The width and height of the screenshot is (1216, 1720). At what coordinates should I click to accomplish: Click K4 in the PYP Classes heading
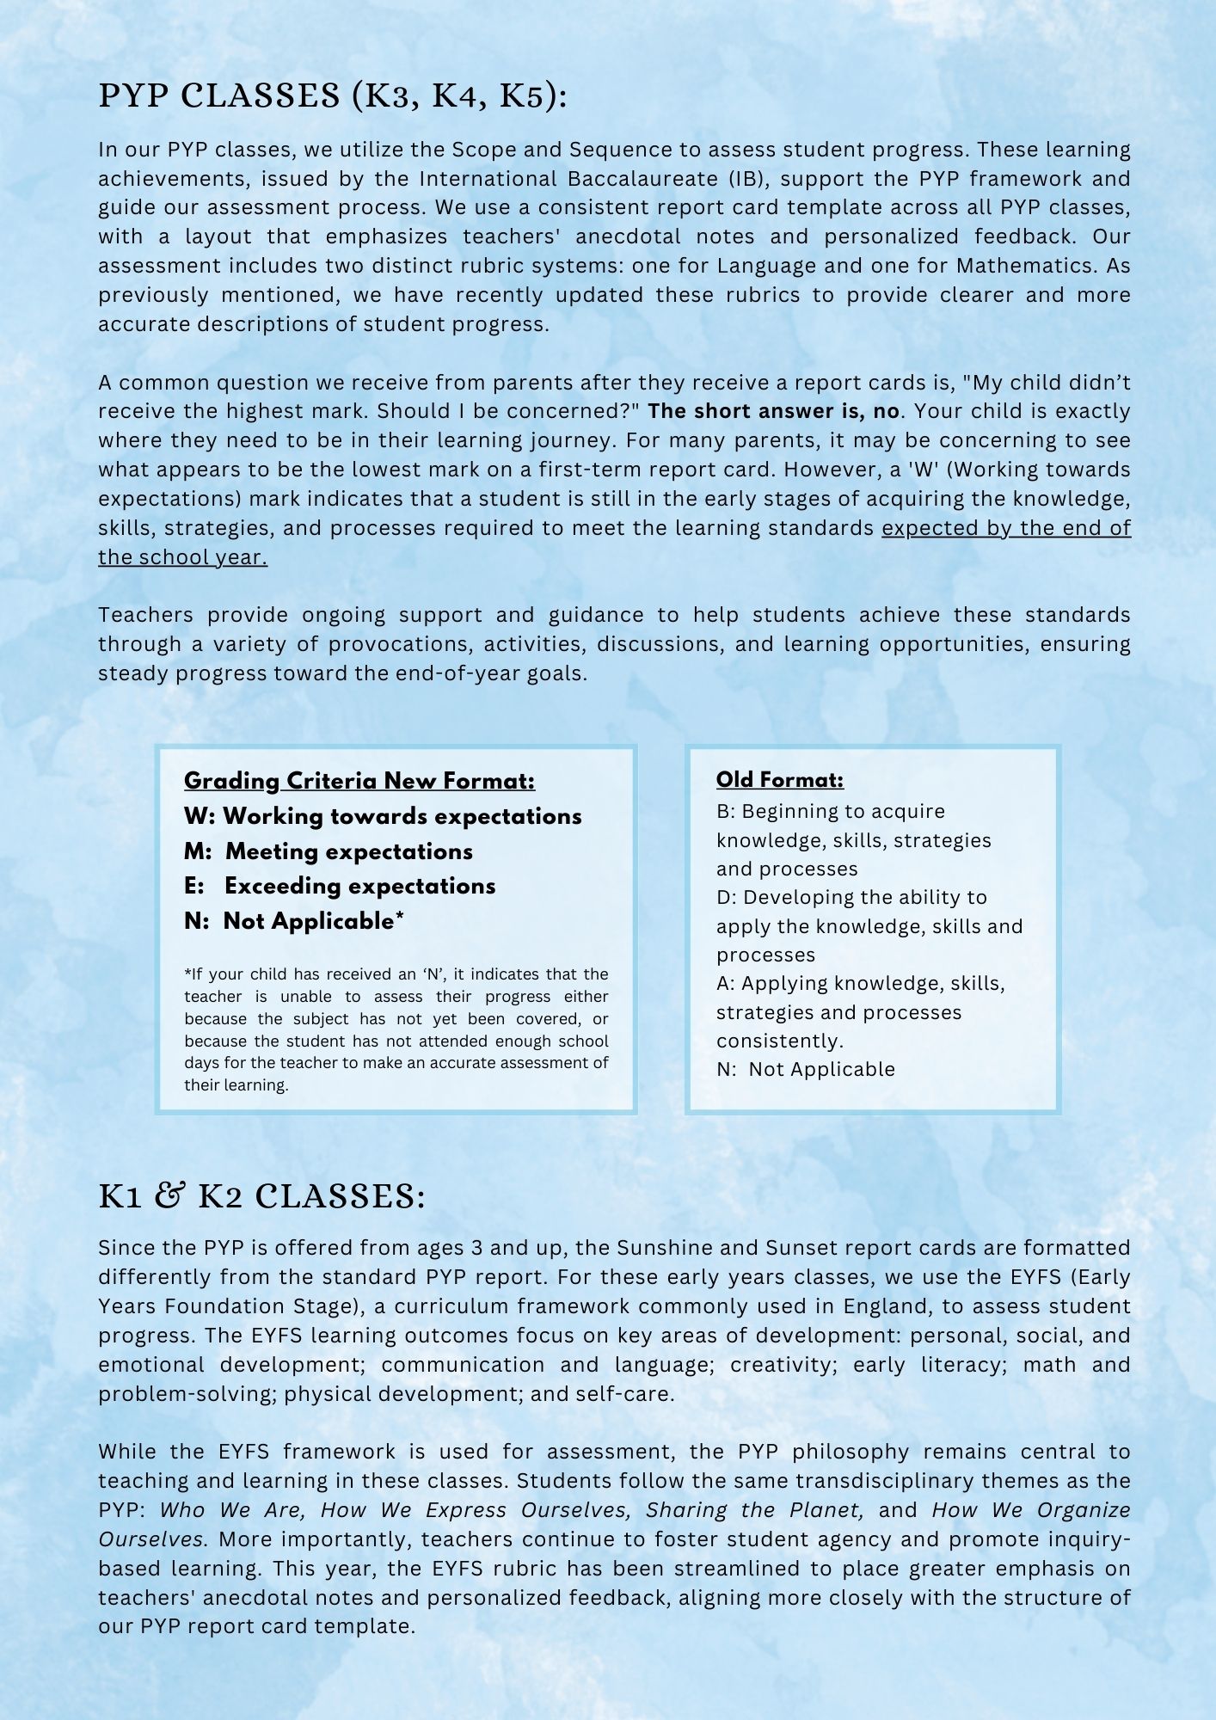[453, 96]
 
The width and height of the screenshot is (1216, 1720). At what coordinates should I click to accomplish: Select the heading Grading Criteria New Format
[359, 781]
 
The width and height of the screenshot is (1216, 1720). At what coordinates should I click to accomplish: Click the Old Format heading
[779, 780]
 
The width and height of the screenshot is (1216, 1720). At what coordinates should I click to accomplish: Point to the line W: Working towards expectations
[383, 816]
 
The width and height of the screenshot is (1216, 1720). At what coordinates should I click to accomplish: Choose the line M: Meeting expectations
[328, 851]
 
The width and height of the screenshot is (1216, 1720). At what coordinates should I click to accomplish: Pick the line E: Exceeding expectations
[340, 886]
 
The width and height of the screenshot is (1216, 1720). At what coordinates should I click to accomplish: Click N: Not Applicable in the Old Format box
[805, 1069]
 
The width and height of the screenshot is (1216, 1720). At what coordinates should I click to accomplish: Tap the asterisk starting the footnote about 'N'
[187, 974]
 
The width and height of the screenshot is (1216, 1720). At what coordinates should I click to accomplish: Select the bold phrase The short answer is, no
[773, 411]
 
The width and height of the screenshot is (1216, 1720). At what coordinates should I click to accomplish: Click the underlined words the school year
[182, 557]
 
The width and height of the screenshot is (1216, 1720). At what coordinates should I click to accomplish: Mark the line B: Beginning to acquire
[830, 811]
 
